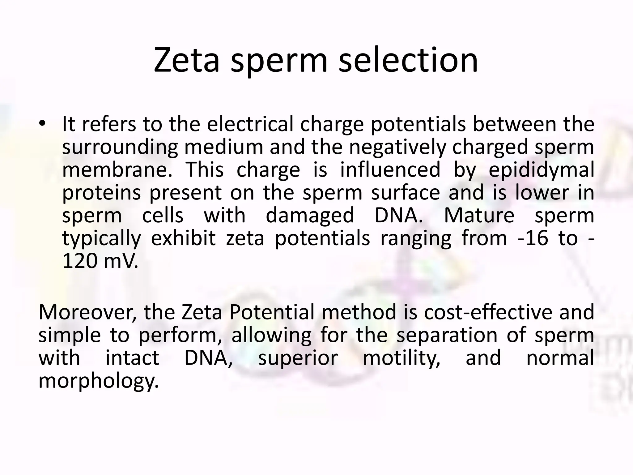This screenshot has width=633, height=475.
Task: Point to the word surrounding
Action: click(120, 148)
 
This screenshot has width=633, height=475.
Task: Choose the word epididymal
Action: click(541, 170)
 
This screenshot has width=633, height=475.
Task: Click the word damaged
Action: click(310, 216)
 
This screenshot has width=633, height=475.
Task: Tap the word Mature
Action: click(479, 216)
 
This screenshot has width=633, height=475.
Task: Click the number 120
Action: click(80, 261)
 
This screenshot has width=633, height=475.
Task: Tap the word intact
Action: click(132, 358)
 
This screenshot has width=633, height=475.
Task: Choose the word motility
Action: click(401, 358)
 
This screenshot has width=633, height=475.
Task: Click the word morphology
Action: click(98, 381)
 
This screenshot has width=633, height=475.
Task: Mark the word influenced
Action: click(390, 170)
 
